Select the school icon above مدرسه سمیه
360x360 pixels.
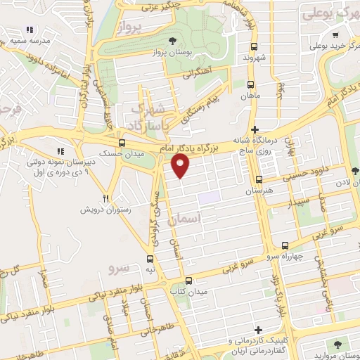pos(30,30)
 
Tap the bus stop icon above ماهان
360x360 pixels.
pos(250,83)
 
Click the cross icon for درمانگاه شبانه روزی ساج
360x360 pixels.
pos(256,130)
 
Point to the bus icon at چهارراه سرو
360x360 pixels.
pos(284,245)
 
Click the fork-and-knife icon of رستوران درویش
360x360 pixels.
pos(106,199)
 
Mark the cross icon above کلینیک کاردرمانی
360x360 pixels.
pos(258,329)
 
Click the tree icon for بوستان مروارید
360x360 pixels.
pos(337,344)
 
